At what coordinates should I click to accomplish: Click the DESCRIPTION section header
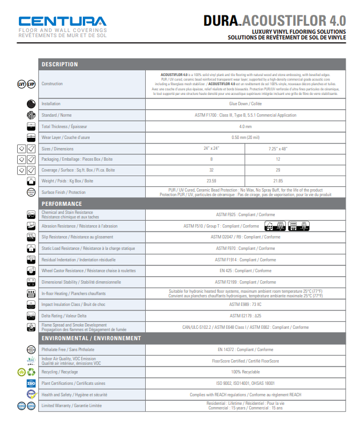pos(59,64)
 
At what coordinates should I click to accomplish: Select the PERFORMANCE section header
pos(61,204)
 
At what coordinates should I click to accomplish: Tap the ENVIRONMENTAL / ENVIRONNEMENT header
pos(91,338)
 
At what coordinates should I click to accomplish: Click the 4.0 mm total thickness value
pos(245,126)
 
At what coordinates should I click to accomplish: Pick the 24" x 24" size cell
pos(211,149)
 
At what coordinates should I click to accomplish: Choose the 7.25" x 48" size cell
pos(278,149)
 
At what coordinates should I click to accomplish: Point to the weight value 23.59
pos(211,181)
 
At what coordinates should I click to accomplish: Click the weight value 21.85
pos(278,181)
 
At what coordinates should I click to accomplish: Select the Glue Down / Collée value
pos(245,104)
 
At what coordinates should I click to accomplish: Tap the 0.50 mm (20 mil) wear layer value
pos(245,138)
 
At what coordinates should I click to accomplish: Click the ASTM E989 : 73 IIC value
pos(245,304)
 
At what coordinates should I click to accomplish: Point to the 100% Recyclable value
pos(245,372)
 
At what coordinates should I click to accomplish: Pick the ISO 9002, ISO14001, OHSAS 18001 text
pos(245,383)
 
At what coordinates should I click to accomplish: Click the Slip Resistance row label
pos(77,237)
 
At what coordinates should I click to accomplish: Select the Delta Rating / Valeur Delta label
pos(64,316)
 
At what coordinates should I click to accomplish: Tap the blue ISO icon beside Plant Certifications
pos(31,383)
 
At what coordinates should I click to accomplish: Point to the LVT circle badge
pos(22,85)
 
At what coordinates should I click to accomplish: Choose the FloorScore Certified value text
pos(245,361)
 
